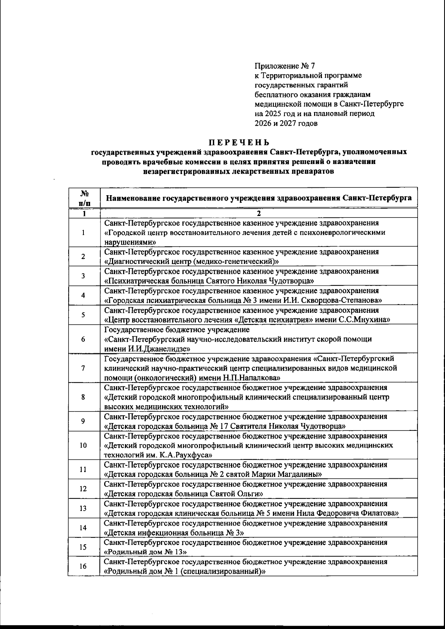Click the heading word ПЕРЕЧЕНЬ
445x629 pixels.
click(238, 142)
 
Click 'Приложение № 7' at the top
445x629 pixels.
click(284, 66)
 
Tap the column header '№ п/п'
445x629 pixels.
click(84, 198)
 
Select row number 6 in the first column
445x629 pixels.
click(83, 339)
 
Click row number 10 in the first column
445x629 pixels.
click(83, 445)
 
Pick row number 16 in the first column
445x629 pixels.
click(83, 566)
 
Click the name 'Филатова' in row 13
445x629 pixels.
click(382, 513)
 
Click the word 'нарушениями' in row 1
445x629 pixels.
click(129, 242)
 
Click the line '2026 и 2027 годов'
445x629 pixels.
click(286, 124)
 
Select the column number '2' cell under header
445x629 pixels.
click(259, 213)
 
